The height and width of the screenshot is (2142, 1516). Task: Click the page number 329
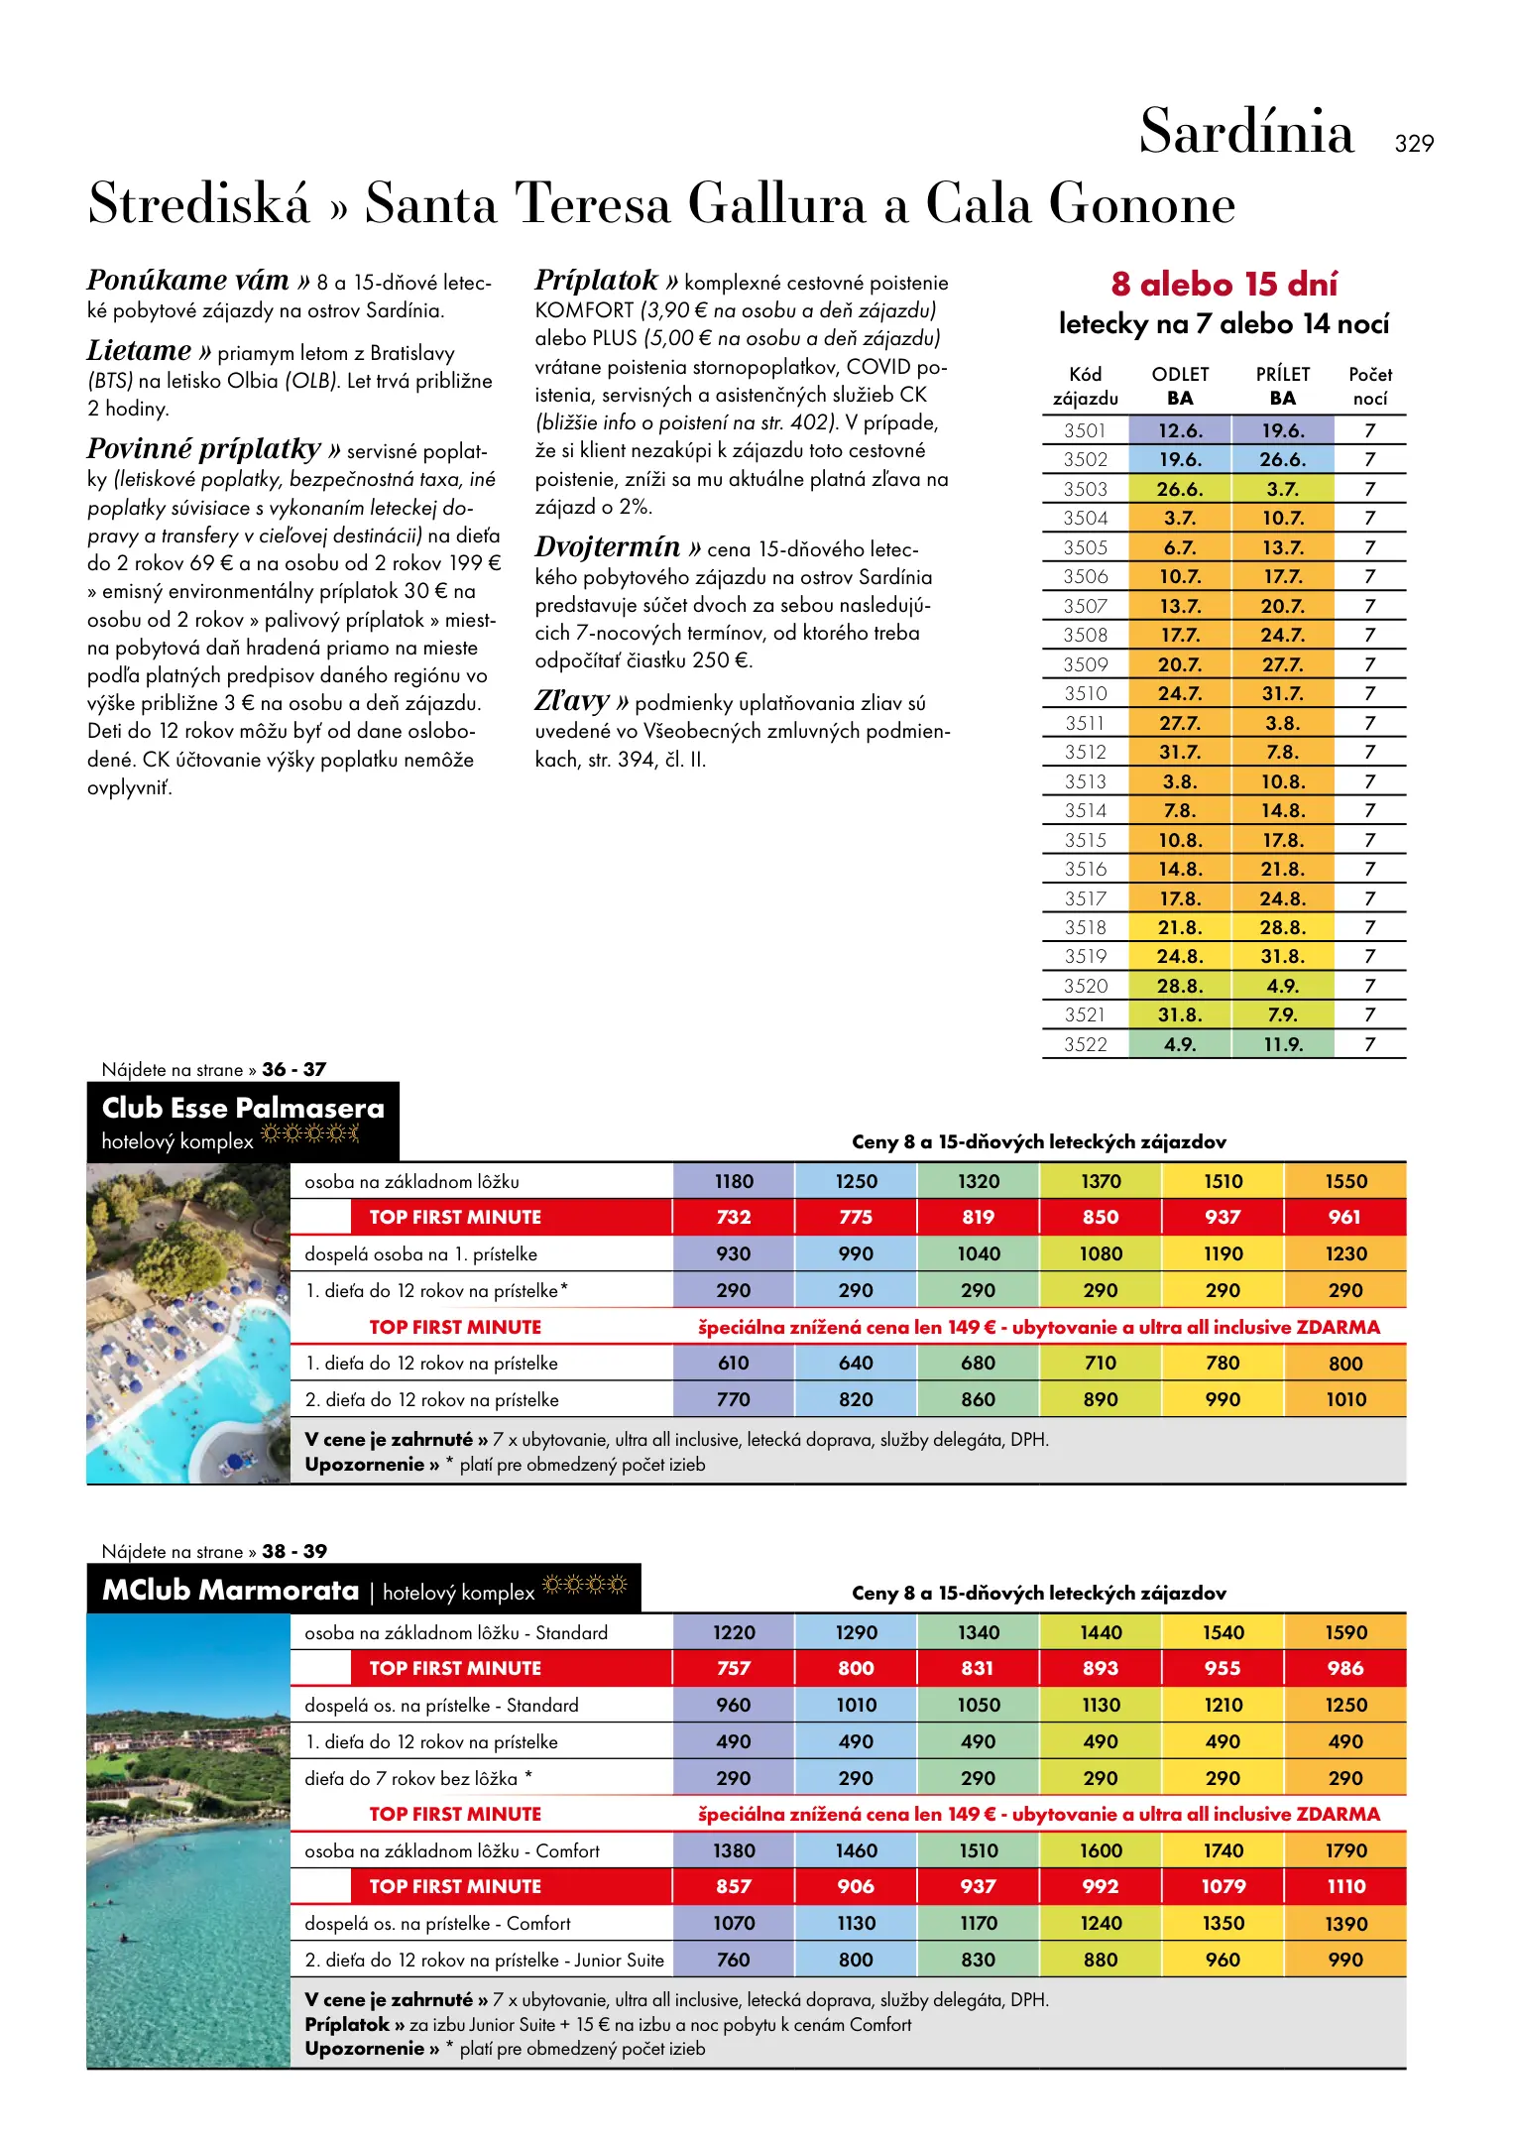tap(1413, 144)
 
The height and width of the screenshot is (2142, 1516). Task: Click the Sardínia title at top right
tap(1245, 132)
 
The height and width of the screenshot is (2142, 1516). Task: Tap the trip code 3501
tap(1085, 430)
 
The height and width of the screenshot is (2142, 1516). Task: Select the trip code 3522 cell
tap(1085, 1044)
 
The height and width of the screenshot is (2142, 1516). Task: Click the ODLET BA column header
tap(1180, 386)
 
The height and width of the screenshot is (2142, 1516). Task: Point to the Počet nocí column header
tap(1370, 386)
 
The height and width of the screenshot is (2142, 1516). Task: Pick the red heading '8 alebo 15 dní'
tap(1224, 285)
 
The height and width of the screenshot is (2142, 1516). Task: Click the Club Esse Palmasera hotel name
tap(243, 1108)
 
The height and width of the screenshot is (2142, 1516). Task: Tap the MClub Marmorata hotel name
tap(231, 1591)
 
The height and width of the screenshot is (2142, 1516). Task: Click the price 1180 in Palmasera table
tap(734, 1181)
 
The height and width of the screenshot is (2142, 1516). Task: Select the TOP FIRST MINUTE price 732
tap(734, 1217)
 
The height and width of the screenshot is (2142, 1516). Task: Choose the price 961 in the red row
tap(1345, 1217)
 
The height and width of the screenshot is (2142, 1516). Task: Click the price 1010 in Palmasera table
tap(1345, 1399)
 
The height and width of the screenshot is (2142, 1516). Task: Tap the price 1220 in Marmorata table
tap(734, 1632)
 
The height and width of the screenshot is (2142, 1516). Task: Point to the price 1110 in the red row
tap(1345, 1886)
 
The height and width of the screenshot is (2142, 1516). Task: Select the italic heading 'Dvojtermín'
tap(608, 547)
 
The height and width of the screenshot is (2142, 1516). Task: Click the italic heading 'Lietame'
tap(139, 351)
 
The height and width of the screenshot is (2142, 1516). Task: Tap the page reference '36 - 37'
tap(293, 1069)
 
